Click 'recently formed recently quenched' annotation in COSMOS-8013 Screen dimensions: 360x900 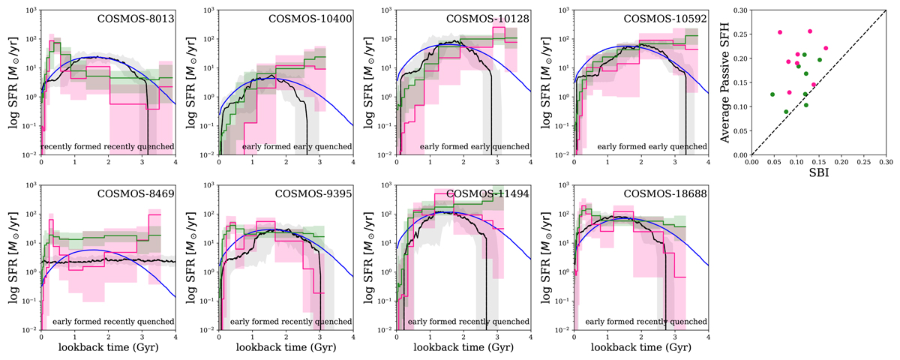tap(107, 146)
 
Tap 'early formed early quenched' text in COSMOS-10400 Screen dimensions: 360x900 tap(297, 146)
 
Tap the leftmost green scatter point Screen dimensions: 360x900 tap(772, 94)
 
